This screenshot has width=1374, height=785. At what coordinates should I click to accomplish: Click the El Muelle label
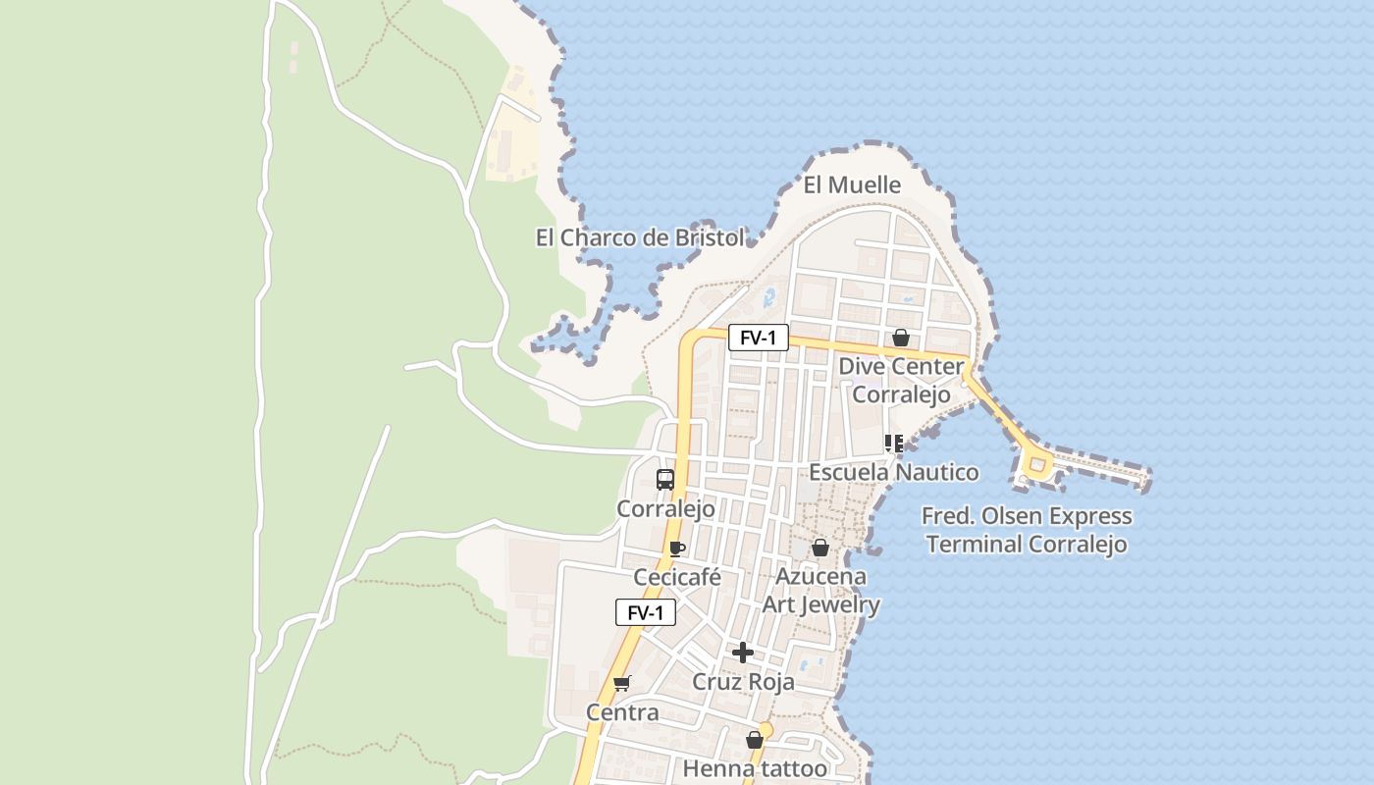852,184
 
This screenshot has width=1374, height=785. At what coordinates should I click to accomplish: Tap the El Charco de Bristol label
639,237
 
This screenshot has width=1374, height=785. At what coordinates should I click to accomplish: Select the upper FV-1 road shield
758,339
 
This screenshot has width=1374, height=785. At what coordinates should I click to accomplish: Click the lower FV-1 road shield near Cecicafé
646,613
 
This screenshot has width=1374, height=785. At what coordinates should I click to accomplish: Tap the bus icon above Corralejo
665,480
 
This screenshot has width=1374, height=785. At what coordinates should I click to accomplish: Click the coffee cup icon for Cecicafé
676,549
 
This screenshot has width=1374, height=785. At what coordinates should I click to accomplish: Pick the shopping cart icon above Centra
621,683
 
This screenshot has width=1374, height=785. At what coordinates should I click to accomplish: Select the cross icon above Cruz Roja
743,653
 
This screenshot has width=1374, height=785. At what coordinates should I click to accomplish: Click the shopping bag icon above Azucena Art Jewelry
820,548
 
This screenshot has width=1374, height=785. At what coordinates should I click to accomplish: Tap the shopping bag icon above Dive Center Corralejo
901,338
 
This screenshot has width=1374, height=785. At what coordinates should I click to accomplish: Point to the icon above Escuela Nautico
894,444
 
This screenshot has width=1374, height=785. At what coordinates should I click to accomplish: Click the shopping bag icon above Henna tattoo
755,740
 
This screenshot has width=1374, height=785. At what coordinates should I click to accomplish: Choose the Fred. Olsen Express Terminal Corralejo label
1027,530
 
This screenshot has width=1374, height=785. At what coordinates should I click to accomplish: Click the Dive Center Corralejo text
901,381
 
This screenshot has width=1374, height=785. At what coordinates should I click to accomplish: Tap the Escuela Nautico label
893,473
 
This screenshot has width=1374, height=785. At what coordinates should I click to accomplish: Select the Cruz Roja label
743,682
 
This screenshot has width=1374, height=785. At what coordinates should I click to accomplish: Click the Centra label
622,712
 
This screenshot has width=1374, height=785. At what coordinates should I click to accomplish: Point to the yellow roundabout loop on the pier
1035,463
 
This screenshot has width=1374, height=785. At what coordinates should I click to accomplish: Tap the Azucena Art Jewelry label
820,590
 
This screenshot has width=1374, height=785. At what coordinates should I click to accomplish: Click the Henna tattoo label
755,768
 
